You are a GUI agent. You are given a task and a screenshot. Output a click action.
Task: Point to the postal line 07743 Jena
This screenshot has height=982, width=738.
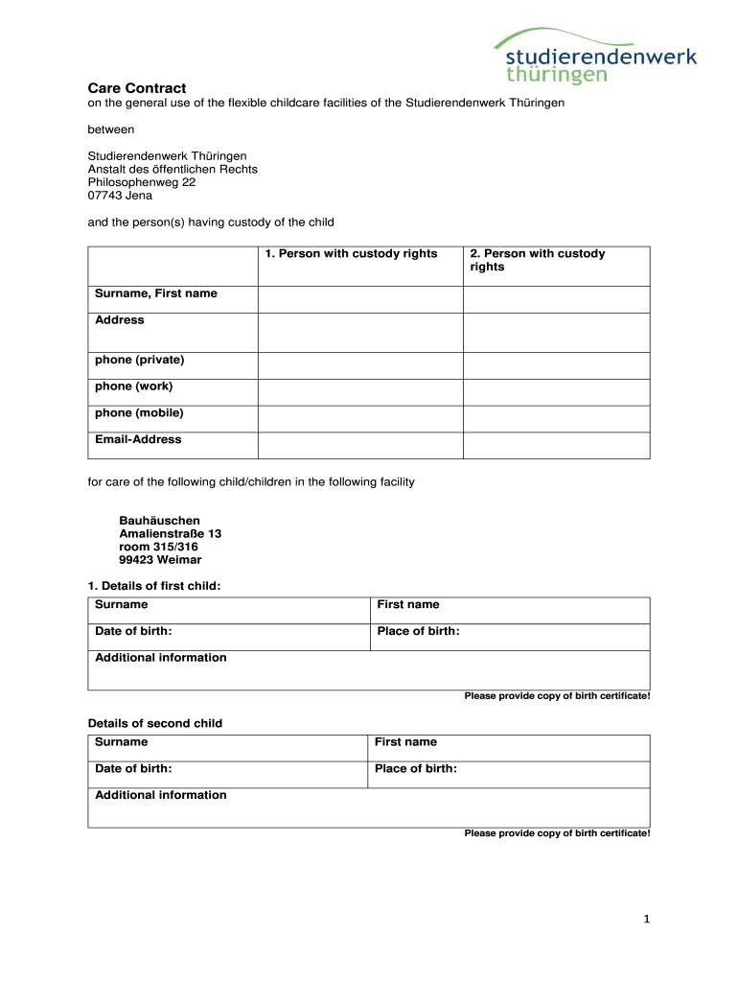(x=120, y=196)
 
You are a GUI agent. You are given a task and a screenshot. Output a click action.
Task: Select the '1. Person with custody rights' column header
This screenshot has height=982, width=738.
(x=351, y=254)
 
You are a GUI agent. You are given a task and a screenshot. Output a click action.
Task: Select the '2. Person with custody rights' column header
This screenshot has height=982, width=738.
(x=537, y=260)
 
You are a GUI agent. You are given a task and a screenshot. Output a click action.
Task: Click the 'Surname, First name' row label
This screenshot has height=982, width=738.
(x=156, y=293)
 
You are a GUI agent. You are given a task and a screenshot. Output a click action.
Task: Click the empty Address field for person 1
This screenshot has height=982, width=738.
(x=360, y=333)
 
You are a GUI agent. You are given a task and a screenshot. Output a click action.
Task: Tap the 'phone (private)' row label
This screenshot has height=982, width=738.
(x=140, y=360)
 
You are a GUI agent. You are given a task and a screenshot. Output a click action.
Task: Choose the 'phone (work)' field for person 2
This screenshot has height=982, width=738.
(x=557, y=392)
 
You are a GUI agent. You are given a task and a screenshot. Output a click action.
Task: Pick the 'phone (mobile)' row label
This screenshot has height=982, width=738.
(x=140, y=413)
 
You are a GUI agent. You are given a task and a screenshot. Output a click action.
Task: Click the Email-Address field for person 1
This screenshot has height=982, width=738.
(x=360, y=445)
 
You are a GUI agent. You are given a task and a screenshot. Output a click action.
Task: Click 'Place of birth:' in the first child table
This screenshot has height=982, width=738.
(x=418, y=631)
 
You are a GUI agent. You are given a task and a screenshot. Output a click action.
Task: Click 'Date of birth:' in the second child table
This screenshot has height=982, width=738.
(x=133, y=768)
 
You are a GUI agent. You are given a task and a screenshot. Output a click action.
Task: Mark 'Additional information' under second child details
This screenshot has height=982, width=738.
(x=161, y=795)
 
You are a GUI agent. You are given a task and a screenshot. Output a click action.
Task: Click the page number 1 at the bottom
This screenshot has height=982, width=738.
(x=647, y=920)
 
